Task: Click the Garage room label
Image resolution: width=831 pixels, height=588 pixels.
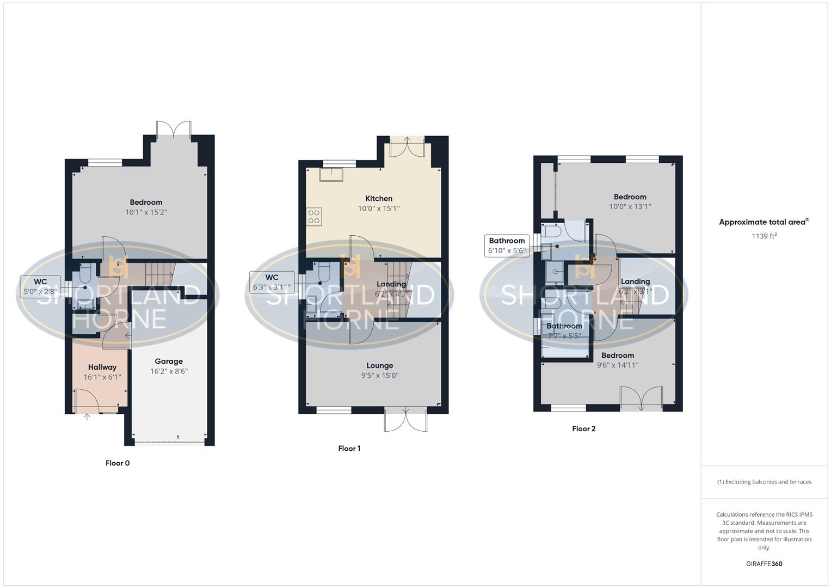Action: [x=169, y=362]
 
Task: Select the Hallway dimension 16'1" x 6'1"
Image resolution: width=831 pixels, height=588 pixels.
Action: [x=102, y=377]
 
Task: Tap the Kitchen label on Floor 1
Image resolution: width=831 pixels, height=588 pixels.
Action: [x=379, y=199]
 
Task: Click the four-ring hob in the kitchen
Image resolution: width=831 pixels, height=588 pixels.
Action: [x=314, y=217]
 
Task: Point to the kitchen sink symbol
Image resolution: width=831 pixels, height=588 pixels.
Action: [x=331, y=174]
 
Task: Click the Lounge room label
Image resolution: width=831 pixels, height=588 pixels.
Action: [x=380, y=366]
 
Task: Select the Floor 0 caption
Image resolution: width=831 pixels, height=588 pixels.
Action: [x=118, y=463]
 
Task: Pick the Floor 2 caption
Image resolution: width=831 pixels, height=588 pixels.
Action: [x=583, y=429]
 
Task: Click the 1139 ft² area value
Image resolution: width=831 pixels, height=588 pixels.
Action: [x=764, y=236]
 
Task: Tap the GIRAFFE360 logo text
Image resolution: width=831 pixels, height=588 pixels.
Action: [x=764, y=564]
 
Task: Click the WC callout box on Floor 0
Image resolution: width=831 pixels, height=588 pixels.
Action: [x=40, y=287]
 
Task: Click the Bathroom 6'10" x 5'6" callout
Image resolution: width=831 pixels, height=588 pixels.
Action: [x=507, y=246]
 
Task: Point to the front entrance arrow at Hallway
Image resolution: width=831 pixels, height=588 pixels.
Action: [x=87, y=417]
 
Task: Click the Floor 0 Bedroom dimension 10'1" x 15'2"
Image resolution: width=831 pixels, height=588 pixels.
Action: [x=146, y=212]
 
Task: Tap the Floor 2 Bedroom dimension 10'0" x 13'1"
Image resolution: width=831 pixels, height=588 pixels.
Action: [x=630, y=207]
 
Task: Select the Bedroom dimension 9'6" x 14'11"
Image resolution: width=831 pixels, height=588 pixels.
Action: [x=618, y=365]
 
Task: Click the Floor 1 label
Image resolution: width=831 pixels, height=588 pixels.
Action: [x=349, y=449]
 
